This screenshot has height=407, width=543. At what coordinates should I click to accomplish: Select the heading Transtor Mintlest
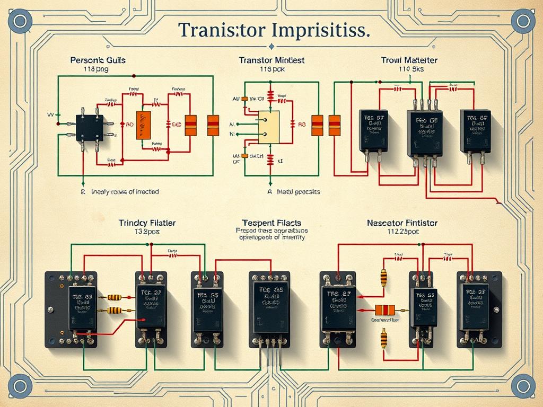[x=271, y=60]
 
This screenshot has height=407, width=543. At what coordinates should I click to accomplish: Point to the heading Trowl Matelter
[x=409, y=60]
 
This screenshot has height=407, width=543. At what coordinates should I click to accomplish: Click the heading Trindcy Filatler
[x=147, y=224]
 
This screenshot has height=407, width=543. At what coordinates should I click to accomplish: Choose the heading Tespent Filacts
[x=271, y=223]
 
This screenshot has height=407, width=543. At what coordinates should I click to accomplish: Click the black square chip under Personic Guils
[x=90, y=126]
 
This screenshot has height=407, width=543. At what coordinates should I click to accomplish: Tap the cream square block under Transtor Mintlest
[x=269, y=127]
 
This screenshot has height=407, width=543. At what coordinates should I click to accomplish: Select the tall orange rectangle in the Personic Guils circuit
[x=143, y=125]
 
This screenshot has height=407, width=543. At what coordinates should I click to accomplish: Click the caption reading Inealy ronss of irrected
[x=125, y=191]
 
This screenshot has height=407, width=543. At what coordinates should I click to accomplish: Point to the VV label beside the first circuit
[x=51, y=114]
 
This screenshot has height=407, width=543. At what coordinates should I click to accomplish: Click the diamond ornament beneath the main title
[x=271, y=47]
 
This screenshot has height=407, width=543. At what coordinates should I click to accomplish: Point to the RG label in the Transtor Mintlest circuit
[x=302, y=125]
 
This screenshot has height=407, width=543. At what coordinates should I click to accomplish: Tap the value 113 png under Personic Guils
[x=96, y=69]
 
